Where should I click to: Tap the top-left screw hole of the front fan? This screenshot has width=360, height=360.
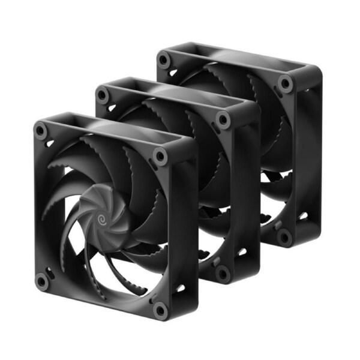coord(41,129)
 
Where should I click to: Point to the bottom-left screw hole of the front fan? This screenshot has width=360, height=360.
coord(41,280)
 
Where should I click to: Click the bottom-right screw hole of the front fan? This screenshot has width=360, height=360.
coord(160,309)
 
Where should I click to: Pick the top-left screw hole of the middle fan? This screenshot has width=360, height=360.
coord(103,94)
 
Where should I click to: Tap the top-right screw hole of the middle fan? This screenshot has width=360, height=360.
coord(223,119)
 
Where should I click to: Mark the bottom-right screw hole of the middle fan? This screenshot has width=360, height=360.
coord(223,273)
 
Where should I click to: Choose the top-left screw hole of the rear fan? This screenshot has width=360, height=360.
coord(164,60)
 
